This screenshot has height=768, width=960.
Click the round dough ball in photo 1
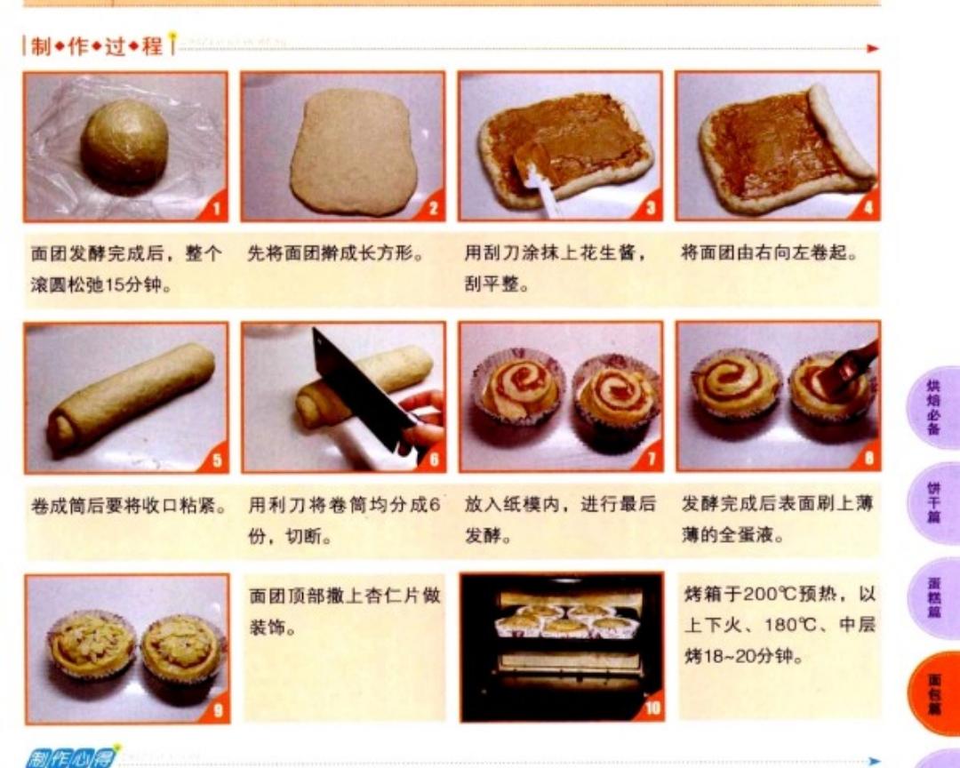pyautogui.click(x=124, y=142)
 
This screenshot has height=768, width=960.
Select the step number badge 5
pyautogui.click(x=215, y=460)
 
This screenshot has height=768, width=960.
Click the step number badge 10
pyautogui.click(x=650, y=708)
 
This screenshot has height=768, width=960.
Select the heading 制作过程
pyautogui.click(x=96, y=46)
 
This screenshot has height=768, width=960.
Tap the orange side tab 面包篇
pyautogui.click(x=934, y=694)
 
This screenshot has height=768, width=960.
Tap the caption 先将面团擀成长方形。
pyautogui.click(x=335, y=254)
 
